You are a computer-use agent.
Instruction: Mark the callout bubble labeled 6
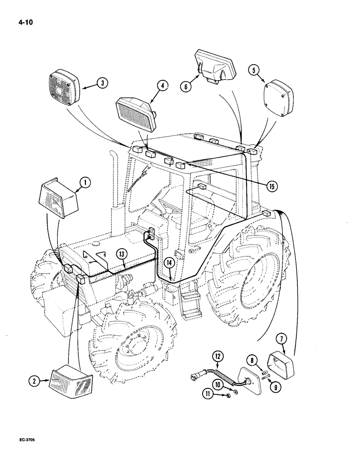tap(185, 85)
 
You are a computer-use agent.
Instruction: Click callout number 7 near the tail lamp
tap(282, 340)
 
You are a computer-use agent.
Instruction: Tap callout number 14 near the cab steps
tap(170, 263)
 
